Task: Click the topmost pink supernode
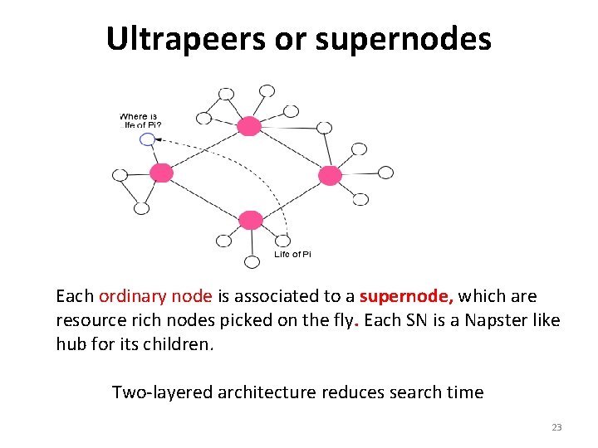point(248,126)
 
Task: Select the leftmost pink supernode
point(161,173)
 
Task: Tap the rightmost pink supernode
point(330,175)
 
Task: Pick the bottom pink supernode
point(250,220)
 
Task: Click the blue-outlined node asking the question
point(147,139)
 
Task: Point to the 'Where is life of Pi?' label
point(141,120)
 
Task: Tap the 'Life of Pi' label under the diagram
point(292,255)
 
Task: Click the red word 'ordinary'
point(128,296)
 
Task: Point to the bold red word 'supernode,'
point(406,296)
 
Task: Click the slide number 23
point(556,428)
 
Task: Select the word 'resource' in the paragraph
point(87,320)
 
